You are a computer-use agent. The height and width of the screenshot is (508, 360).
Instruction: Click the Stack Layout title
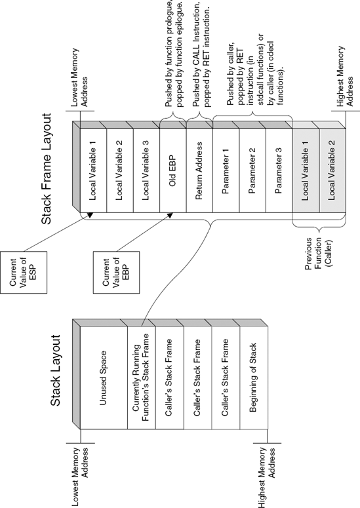click(x=56, y=370)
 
